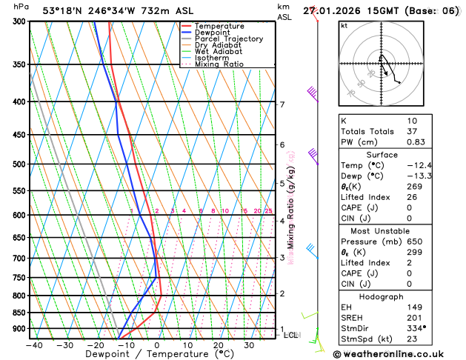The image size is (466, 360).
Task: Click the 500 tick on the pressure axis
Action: pos(20,164)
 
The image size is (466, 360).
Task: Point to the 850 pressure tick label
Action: pos(20,313)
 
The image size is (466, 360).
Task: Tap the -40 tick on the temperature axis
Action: pos(33,344)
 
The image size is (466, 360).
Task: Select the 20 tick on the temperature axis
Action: pos(218,344)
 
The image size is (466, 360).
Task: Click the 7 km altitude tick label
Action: pos(282,104)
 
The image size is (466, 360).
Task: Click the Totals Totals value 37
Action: pos(412,131)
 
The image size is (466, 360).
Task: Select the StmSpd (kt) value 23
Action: pos(412,338)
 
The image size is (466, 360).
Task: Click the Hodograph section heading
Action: pos(393,296)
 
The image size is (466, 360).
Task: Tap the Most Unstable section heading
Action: pos(393,231)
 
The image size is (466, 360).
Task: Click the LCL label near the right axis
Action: pos(291,335)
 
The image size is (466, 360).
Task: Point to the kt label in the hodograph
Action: pos(344,25)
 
